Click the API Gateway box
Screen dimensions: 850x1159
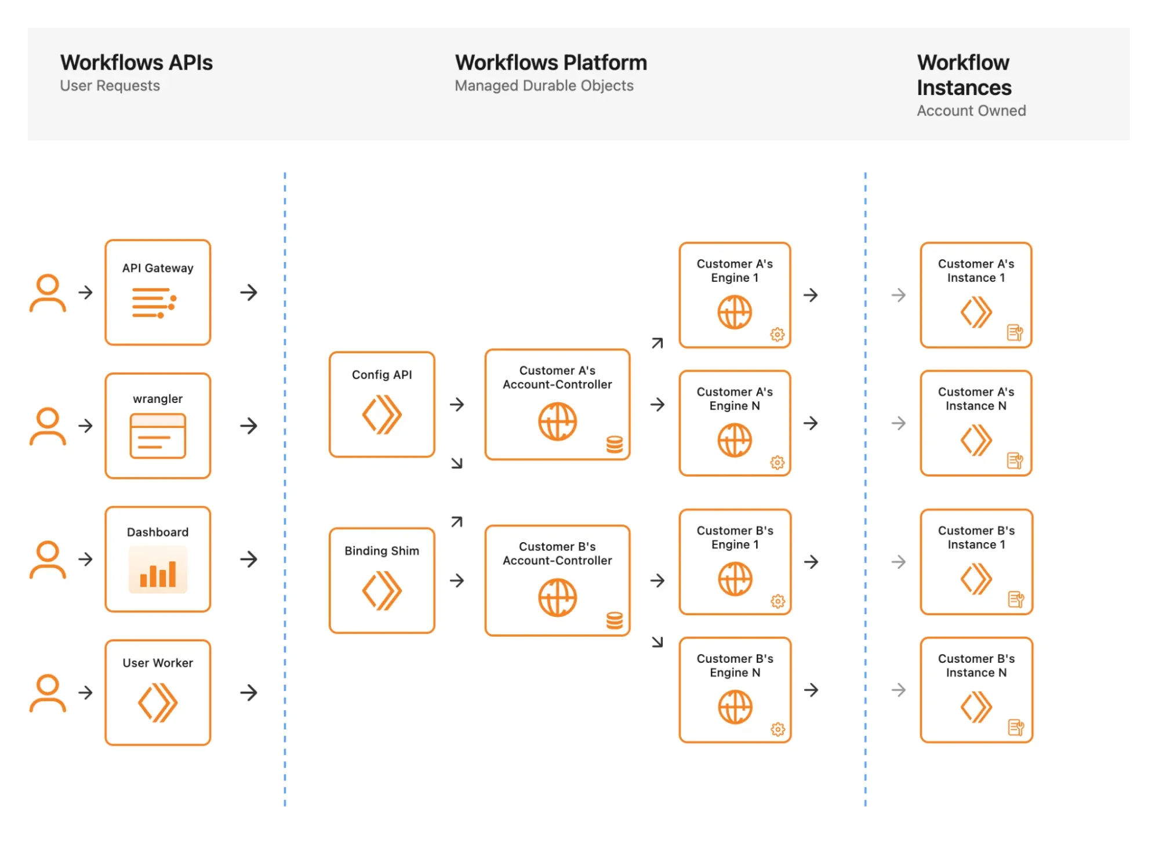coord(158,292)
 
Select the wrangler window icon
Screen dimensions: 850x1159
coord(158,436)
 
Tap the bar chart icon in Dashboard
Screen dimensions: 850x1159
coord(158,571)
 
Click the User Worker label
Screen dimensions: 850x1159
coord(158,663)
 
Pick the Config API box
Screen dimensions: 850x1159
coord(382,404)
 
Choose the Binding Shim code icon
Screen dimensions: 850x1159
coord(382,591)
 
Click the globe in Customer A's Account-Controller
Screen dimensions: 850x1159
coord(557,422)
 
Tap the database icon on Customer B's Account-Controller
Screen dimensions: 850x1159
coord(615,620)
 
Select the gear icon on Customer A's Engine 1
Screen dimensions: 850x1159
coord(777,335)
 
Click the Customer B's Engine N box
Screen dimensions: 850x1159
coord(735,690)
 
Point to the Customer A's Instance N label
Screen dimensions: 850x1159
coord(976,399)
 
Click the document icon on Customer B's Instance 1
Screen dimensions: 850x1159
coord(1015,599)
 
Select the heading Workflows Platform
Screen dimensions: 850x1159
coord(551,63)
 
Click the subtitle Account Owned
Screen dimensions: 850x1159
coord(971,111)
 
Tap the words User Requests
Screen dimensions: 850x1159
coord(110,86)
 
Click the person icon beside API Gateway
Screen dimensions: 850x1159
coord(48,293)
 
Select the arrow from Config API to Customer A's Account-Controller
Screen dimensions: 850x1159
coord(457,404)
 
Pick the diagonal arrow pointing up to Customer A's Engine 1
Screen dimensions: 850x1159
coord(657,343)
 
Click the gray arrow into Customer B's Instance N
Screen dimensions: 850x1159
coord(898,690)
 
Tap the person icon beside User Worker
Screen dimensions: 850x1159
coord(48,693)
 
